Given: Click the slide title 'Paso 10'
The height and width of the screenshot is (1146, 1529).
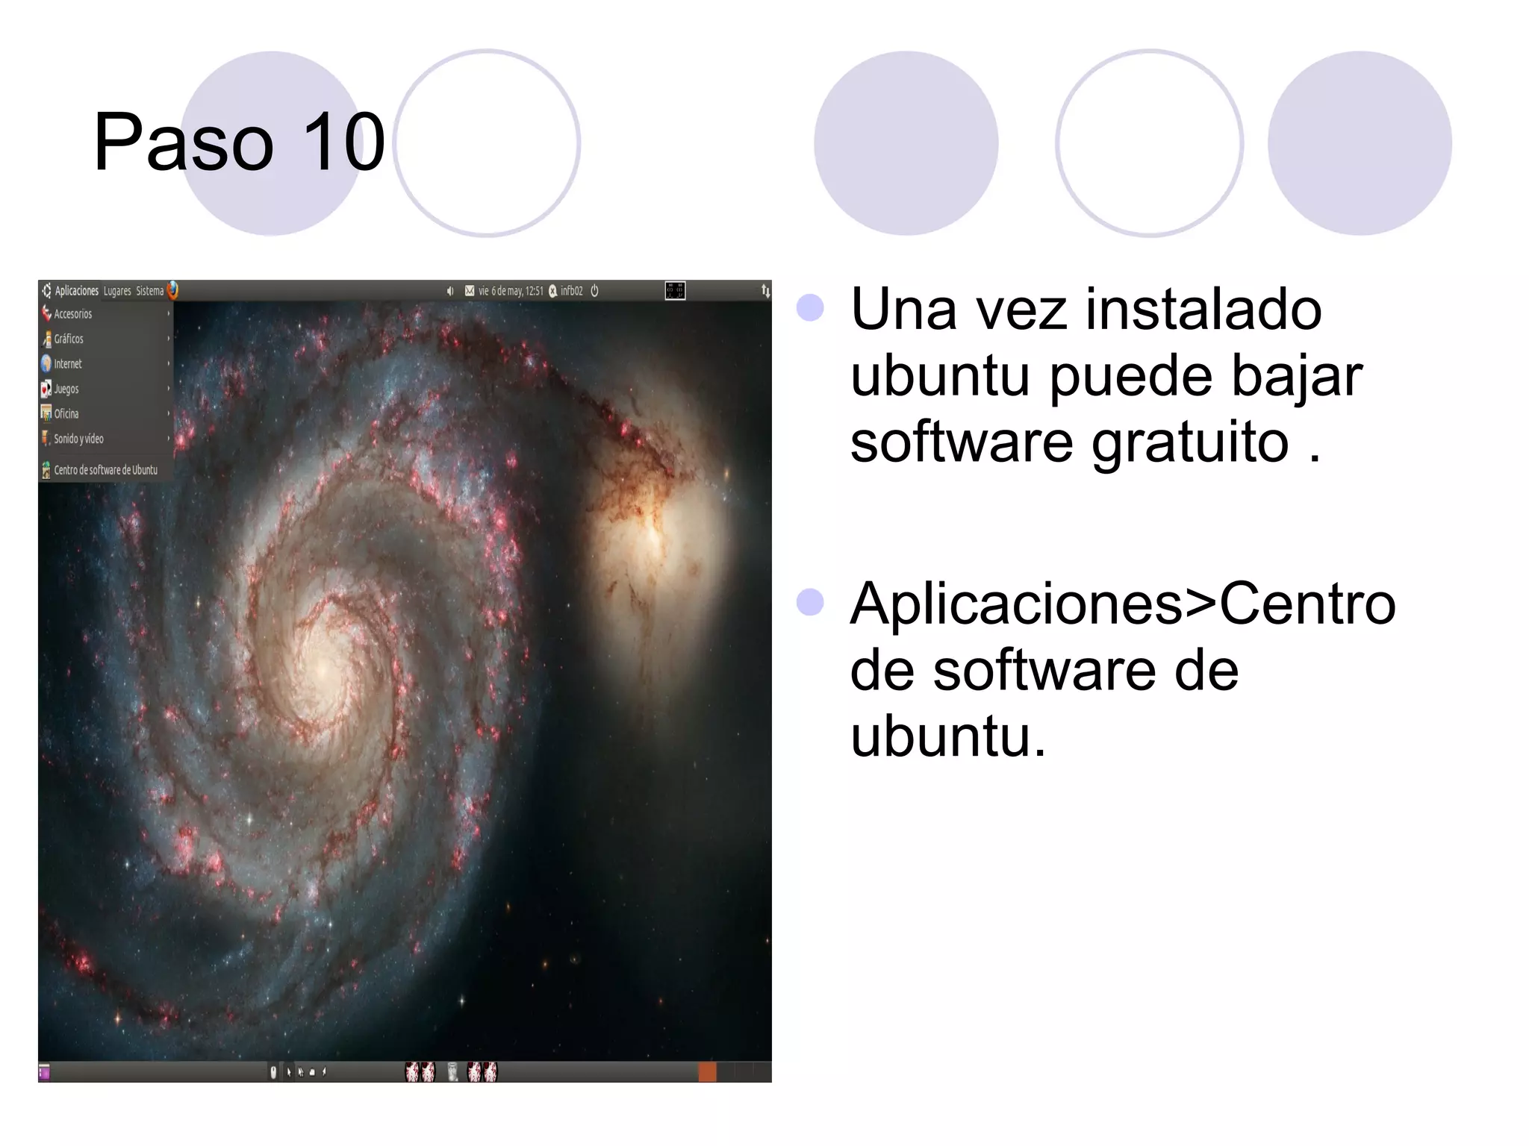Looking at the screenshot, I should click(x=239, y=142).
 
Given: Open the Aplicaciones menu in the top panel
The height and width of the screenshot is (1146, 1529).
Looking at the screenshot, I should click(x=76, y=291).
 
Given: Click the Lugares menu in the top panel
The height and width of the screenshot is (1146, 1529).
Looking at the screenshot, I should click(x=117, y=291).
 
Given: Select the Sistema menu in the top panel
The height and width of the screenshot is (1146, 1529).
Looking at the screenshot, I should click(x=149, y=291).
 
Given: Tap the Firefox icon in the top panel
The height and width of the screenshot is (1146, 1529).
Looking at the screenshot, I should click(x=172, y=290).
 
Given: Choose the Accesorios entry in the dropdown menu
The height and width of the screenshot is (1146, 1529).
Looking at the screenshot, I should click(x=73, y=314).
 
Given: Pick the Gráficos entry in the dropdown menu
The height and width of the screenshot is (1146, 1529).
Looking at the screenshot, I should click(x=69, y=339).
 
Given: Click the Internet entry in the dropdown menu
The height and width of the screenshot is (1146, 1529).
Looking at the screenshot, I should click(x=68, y=364).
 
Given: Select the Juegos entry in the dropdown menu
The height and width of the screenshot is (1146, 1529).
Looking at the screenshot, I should click(x=66, y=389).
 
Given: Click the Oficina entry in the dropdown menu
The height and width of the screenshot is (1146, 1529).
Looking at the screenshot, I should click(x=66, y=414).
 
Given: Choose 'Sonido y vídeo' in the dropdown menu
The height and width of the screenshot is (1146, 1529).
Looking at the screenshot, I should click(x=78, y=439).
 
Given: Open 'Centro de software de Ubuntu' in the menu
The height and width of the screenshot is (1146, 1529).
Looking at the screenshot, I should click(x=105, y=470).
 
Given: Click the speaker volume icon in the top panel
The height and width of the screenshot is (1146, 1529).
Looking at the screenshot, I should click(x=449, y=291).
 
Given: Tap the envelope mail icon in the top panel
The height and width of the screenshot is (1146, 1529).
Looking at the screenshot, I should click(x=470, y=291).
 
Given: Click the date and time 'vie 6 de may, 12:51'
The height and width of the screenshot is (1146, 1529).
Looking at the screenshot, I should click(x=511, y=291).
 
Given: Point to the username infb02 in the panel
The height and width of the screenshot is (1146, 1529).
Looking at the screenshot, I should click(x=571, y=291).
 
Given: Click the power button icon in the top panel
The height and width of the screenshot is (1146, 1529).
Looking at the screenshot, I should click(x=595, y=291).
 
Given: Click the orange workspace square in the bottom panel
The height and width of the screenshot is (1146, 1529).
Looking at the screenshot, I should click(x=706, y=1072).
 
